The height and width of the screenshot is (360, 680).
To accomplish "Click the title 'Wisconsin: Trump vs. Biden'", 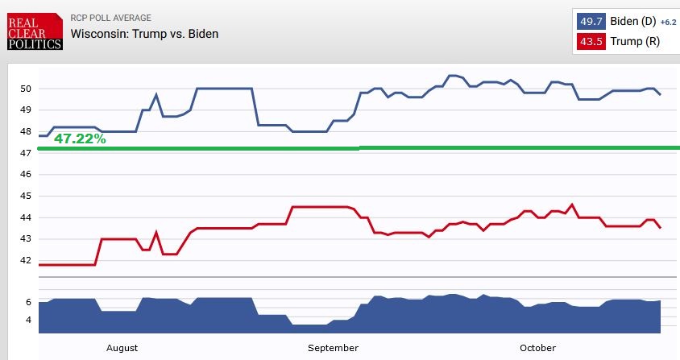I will [x=144, y=34].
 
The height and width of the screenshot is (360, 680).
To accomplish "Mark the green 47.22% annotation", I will [x=80, y=139].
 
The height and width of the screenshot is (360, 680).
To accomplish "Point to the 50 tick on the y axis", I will [x=26, y=89].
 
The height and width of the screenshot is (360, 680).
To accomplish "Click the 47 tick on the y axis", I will [x=26, y=153].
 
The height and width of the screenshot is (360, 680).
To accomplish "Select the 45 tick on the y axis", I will [x=26, y=196].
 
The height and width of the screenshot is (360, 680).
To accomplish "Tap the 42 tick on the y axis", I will [x=26, y=260].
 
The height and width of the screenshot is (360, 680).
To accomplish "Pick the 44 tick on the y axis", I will [x=26, y=217].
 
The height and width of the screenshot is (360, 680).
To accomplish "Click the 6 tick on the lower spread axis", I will [x=28, y=302].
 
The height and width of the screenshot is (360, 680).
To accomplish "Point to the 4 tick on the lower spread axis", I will [x=28, y=320].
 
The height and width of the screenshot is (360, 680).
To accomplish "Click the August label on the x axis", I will [x=122, y=348].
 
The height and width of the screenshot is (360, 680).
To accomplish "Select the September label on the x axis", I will [x=333, y=348].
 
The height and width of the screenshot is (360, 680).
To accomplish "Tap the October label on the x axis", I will [x=537, y=348].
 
